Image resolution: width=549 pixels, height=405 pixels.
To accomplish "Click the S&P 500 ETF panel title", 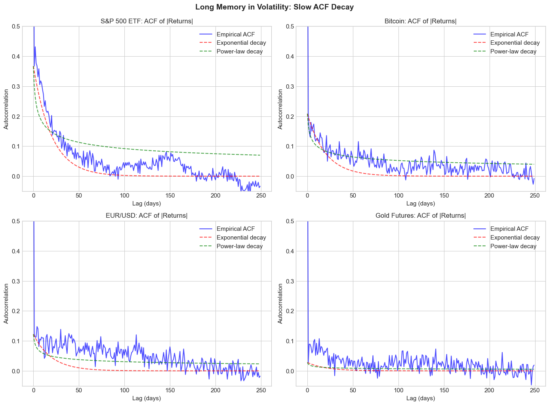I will (x=147, y=21).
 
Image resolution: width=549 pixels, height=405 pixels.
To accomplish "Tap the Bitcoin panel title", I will (x=421, y=21).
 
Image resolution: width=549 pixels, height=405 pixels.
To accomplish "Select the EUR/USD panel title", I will (x=147, y=216).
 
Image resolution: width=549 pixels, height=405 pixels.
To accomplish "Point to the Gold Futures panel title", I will (x=421, y=216).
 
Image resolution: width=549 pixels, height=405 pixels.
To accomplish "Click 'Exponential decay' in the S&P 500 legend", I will (x=241, y=43).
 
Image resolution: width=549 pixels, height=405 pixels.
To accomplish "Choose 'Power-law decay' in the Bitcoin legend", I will (x=513, y=51).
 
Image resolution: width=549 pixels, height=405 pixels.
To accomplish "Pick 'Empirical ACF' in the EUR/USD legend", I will (x=236, y=229).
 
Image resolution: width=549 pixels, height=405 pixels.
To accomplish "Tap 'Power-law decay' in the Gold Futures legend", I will (x=513, y=246).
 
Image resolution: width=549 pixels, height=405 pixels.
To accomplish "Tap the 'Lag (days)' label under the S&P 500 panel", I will (x=147, y=203).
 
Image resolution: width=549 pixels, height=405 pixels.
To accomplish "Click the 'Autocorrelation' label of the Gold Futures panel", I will (x=280, y=303).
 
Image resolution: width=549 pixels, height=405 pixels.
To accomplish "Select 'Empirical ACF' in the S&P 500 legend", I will (x=236, y=34).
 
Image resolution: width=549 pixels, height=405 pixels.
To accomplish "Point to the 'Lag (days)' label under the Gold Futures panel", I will (x=421, y=398).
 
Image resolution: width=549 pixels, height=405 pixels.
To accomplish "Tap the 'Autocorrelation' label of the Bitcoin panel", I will (x=280, y=109).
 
